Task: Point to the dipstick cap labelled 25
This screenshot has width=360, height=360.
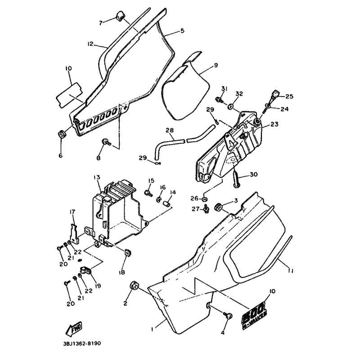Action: (x=274, y=95)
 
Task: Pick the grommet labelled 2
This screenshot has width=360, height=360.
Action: (x=134, y=285)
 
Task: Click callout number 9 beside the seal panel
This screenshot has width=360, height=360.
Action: (x=216, y=65)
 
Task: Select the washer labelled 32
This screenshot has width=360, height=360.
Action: (x=231, y=107)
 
